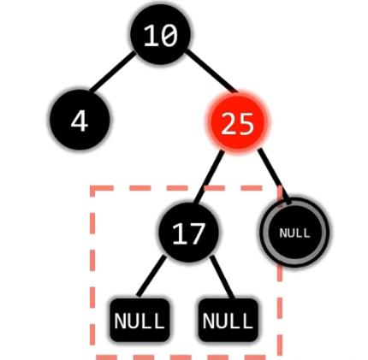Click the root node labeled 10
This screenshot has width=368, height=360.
click(x=161, y=34)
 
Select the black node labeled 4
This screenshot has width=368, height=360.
click(x=80, y=120)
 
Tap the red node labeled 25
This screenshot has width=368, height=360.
click(x=237, y=121)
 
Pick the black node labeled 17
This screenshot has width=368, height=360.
click(x=188, y=233)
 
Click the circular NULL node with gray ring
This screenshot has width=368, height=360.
click(x=294, y=233)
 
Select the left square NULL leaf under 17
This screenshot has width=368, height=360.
click(x=139, y=320)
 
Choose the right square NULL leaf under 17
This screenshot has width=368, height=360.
click(x=228, y=320)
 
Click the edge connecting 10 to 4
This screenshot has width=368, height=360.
click(x=112, y=71)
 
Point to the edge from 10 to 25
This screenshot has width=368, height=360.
click(x=211, y=72)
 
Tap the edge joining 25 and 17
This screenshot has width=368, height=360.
click(x=209, y=177)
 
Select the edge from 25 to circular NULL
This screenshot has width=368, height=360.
click(x=275, y=176)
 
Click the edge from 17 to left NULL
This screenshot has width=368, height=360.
click(x=151, y=276)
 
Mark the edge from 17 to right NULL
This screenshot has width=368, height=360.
click(x=223, y=277)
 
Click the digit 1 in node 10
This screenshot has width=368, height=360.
click(x=151, y=35)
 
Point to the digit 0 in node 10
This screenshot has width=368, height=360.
click(x=169, y=35)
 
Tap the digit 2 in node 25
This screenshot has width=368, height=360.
click(x=229, y=123)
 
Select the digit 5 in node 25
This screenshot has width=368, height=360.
click(x=246, y=123)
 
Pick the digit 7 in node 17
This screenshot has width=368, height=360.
click(x=197, y=233)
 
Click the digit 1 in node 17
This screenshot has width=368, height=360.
click(x=180, y=233)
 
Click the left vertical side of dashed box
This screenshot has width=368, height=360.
click(x=92, y=271)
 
